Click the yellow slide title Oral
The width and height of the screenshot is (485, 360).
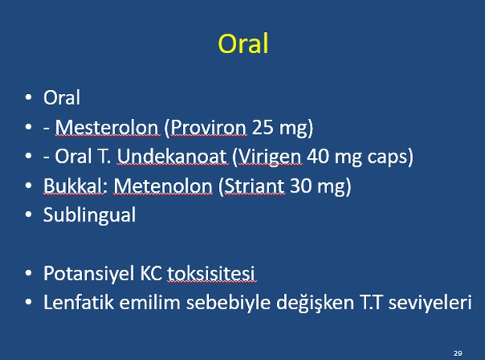pos(243,44)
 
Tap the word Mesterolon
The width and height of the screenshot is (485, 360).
pos(106,127)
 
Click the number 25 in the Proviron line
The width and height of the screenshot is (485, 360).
pos(263,127)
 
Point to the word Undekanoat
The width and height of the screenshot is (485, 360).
pos(171,156)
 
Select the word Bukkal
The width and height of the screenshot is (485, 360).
pos(73,185)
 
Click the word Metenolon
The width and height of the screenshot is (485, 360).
pos(163,185)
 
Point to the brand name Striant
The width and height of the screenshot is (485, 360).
pos(254,185)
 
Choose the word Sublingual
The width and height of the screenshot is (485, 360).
pos(89,215)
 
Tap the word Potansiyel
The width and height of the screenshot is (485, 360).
pos(88,274)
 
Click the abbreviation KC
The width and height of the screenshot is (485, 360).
pos(151,274)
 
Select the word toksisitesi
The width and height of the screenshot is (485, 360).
pos(211,274)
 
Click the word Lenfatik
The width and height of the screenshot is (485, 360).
pos(78,302)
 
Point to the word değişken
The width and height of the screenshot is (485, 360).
pos(315,303)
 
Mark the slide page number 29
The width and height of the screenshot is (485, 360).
pos(458,353)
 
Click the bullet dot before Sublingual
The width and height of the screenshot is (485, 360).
pos(28,214)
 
